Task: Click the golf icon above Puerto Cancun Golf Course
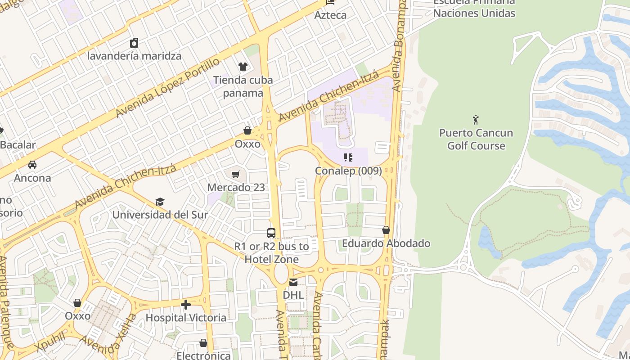point(476,120)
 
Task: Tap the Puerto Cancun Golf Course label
point(476,139)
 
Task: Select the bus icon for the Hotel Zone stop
point(271,233)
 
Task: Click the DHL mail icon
point(293,282)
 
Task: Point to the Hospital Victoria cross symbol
point(186,305)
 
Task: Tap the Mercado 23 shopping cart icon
point(236,174)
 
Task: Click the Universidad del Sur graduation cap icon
point(160,202)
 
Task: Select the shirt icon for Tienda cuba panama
point(243,67)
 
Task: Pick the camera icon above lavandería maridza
point(134,43)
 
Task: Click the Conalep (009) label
point(348,171)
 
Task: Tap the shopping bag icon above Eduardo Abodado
point(386,230)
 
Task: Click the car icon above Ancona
point(32,165)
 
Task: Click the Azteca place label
point(331,15)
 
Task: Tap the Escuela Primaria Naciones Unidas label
point(474,8)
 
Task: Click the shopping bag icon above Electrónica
point(203,343)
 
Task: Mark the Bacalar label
point(18,145)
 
